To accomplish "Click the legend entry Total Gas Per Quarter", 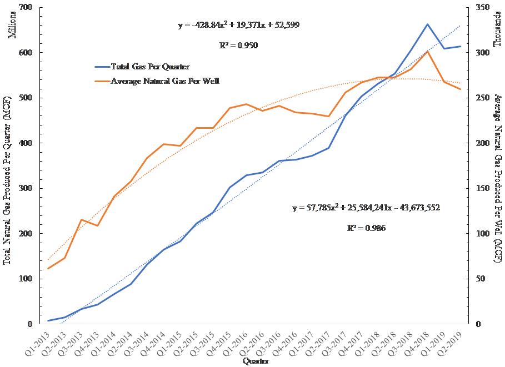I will tap(150, 67).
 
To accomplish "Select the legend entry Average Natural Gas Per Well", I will tap(165, 81).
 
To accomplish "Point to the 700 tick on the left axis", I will tap(26, 8).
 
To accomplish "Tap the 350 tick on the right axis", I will tap(482, 8).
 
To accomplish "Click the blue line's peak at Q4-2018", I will tap(427, 24).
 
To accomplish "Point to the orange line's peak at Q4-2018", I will tap(427, 51).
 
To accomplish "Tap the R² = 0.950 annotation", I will tap(239, 46).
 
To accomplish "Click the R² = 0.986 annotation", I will tap(366, 228).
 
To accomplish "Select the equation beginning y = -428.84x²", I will tap(239, 25).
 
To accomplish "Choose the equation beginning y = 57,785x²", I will tap(367, 208).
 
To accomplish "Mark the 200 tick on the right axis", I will tap(482, 143).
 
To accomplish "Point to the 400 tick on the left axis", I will tap(26, 143).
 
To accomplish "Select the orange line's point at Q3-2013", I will tap(81, 220).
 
